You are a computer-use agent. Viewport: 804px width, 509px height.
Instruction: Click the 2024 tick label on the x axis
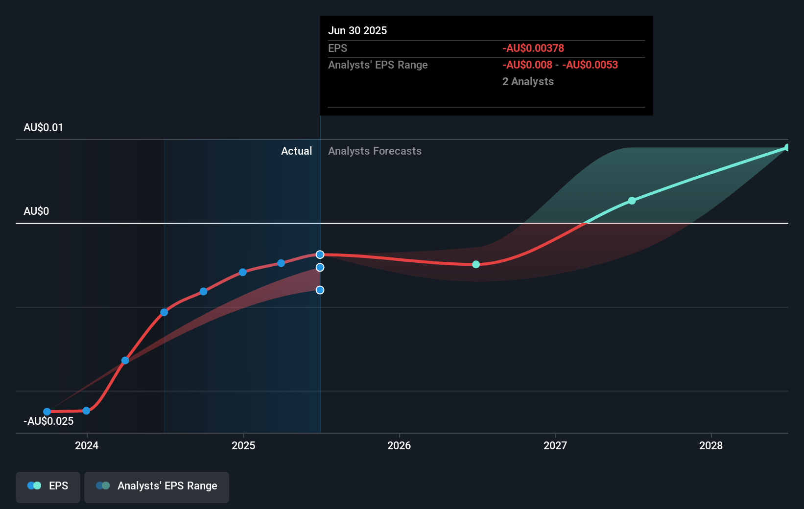87,445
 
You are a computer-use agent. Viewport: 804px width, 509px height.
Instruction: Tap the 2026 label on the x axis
399,445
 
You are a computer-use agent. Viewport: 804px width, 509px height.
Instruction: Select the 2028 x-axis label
711,445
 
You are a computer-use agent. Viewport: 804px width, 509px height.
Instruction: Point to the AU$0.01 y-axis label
43,128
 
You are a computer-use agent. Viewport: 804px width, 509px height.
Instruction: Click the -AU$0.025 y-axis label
48,421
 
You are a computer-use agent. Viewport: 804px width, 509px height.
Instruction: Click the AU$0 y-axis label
36,211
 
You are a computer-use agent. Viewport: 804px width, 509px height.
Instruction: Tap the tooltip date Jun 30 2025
357,30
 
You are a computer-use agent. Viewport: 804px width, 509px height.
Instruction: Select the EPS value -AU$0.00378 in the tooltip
533,48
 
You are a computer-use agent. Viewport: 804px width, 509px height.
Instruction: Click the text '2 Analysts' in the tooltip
528,81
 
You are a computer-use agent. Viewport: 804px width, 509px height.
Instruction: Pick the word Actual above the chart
296,151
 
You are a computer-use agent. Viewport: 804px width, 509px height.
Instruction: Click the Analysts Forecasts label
375,151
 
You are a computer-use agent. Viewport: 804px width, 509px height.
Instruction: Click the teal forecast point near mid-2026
476,264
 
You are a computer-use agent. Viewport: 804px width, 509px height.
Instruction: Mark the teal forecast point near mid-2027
632,201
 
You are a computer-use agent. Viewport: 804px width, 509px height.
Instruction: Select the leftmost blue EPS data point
47,412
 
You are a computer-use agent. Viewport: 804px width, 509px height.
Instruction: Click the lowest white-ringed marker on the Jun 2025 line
320,290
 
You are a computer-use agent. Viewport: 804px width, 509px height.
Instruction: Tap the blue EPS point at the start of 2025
243,272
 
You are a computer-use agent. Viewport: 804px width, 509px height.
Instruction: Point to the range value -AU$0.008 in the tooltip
527,65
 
